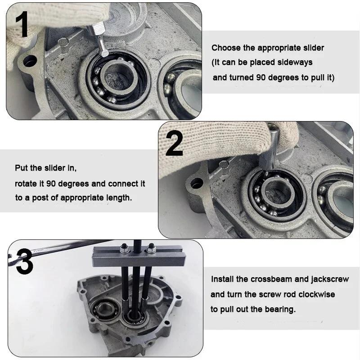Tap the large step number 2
(x=175, y=143)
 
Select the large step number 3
(x=25, y=262)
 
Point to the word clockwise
(x=316, y=294)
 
